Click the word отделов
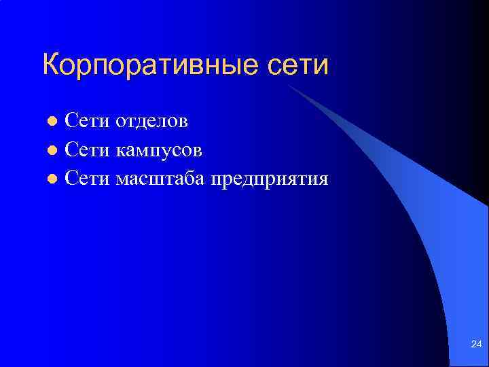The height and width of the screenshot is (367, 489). [x=152, y=121]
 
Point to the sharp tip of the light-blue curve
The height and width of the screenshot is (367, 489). [x=287, y=86]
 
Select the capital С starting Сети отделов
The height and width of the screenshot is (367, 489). [x=71, y=121]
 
